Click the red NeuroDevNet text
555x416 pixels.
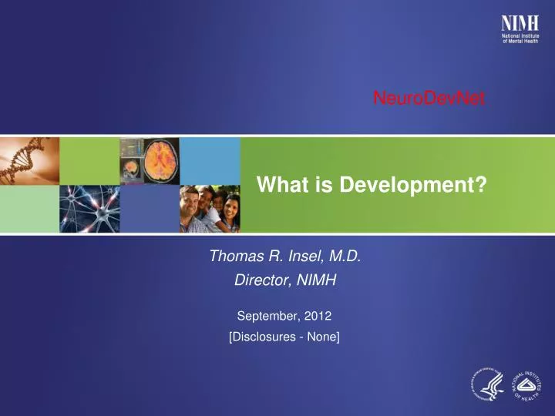pos(429,97)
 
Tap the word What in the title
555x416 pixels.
pos(278,185)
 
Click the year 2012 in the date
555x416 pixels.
pos(318,315)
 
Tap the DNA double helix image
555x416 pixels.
pos(29,159)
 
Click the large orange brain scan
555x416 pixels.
pos(156,160)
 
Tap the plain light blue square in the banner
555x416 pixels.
pos(210,160)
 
